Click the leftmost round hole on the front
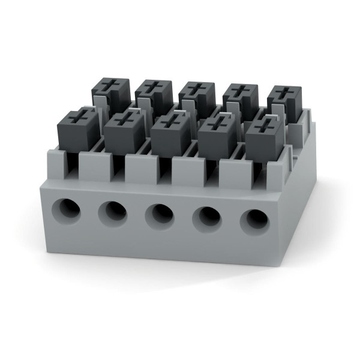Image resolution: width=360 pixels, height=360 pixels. (x=66, y=210)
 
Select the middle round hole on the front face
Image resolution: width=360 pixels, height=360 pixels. (x=160, y=214)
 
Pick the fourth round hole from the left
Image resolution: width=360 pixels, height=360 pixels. (x=207, y=217)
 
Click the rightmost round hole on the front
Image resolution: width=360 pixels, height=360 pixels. (x=254, y=220)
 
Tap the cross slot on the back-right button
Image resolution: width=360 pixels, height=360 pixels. (x=285, y=92)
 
